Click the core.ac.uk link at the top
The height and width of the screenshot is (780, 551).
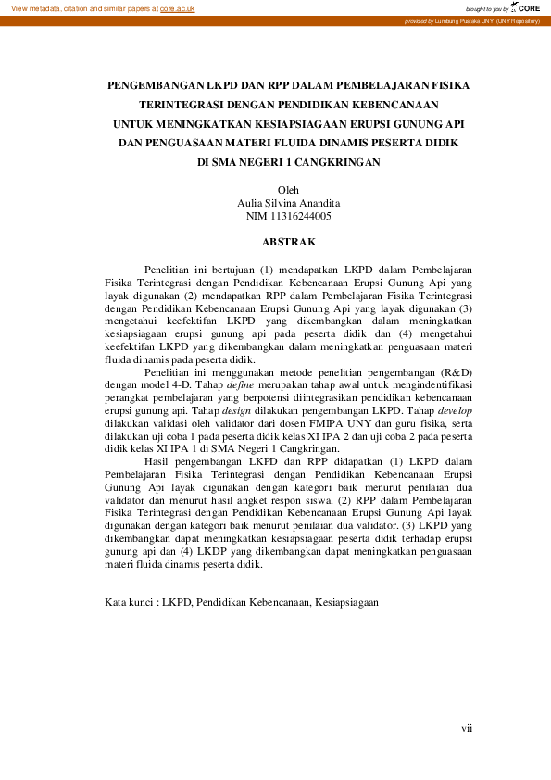coord(175,7)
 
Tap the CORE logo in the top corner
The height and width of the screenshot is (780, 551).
coord(527,7)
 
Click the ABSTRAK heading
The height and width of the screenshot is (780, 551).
coord(289,242)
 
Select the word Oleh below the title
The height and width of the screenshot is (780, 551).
coord(288,190)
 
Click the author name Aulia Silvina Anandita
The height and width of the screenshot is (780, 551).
coord(288,203)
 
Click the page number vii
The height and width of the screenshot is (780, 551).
coord(467,728)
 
